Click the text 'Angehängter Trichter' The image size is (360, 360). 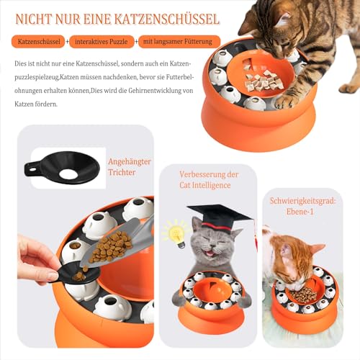pos(129,167)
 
